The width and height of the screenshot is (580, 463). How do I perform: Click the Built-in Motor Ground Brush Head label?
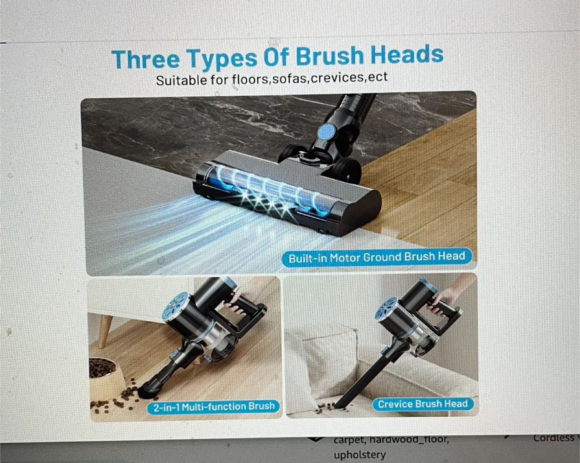click(x=377, y=257)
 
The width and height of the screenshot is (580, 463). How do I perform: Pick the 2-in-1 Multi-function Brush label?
click(x=214, y=406)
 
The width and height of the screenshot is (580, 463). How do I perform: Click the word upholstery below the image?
click(x=360, y=455)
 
